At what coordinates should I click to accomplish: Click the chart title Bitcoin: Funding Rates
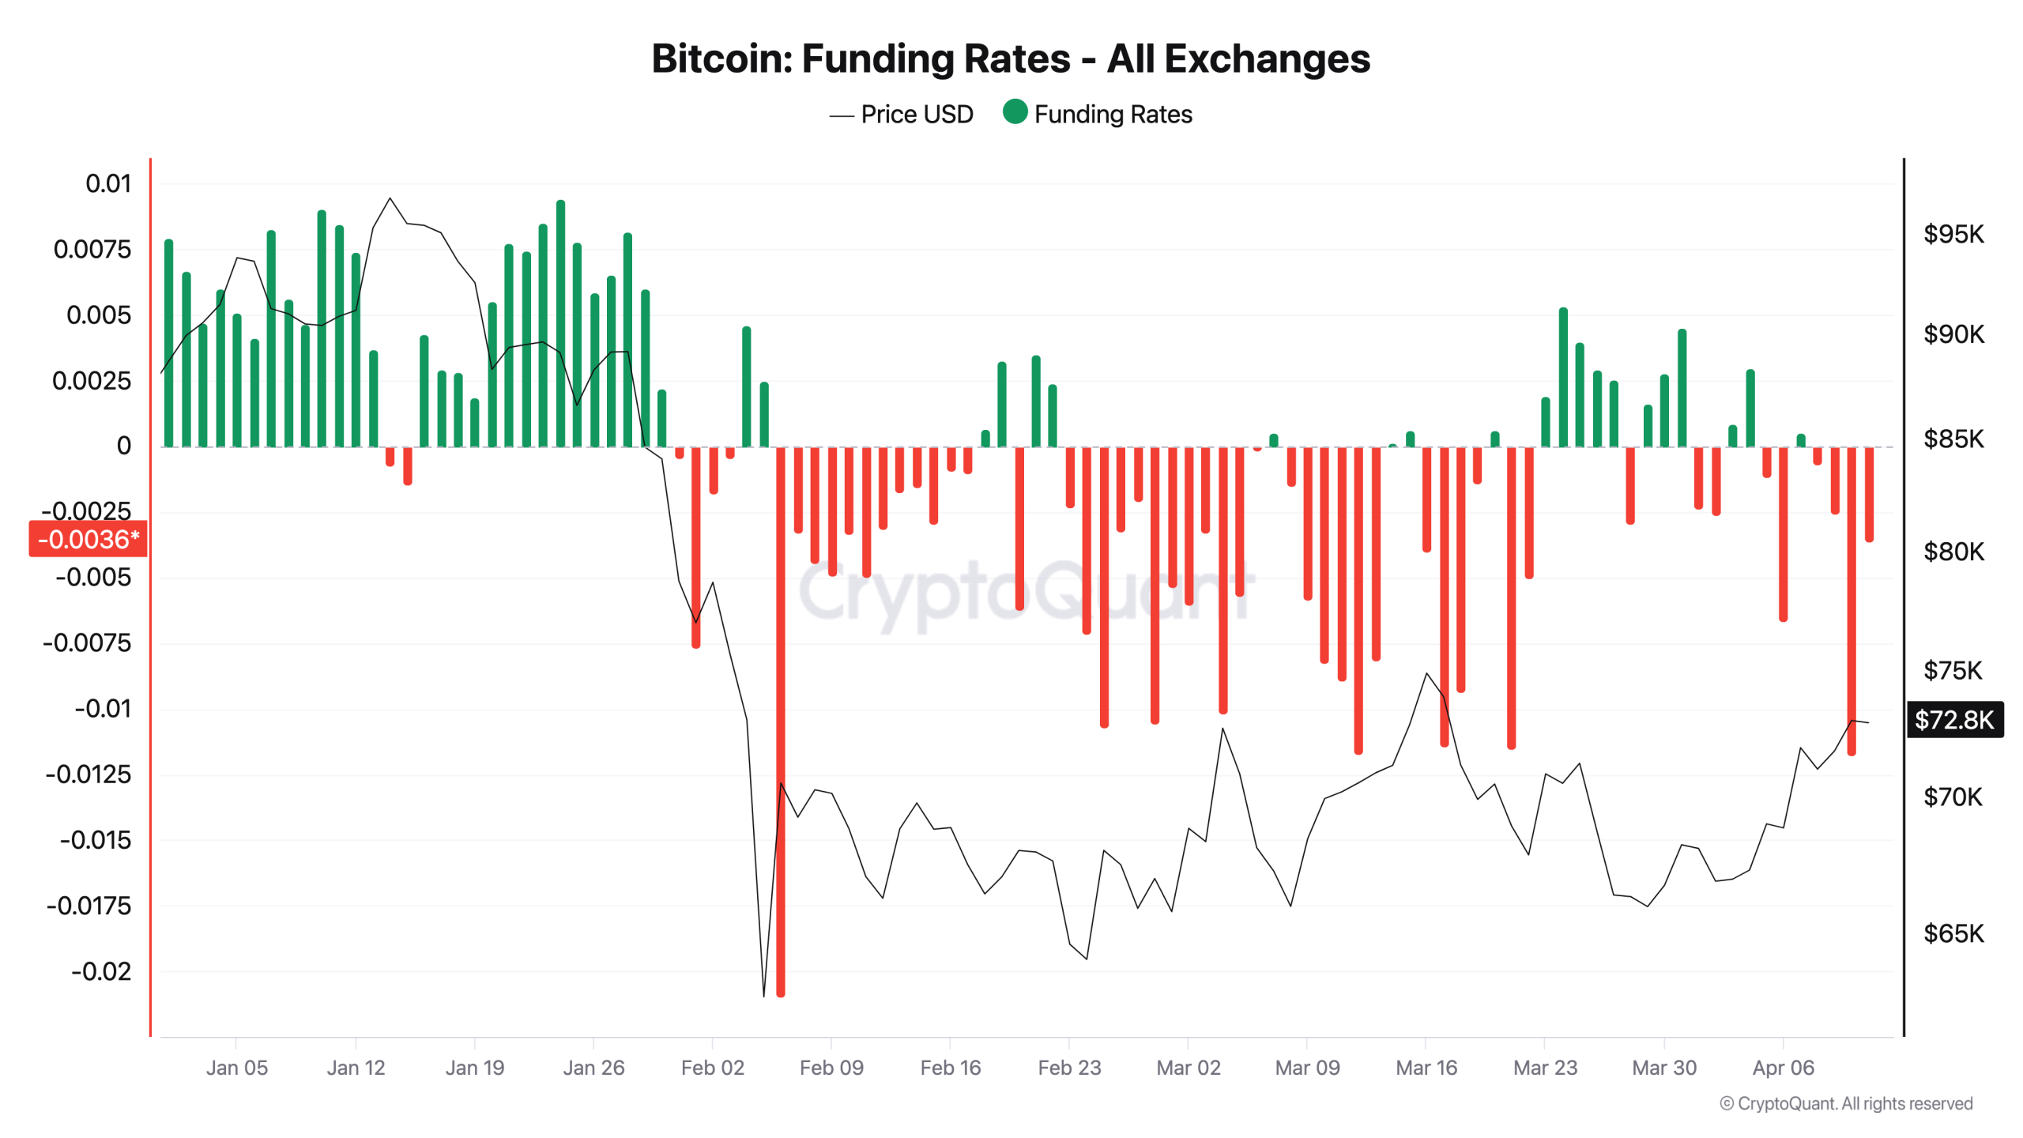point(1010,58)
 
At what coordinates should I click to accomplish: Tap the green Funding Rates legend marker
point(1015,112)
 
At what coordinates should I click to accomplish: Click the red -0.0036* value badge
point(88,539)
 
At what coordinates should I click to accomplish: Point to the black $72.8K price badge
point(1953,719)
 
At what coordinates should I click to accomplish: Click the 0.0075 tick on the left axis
point(92,250)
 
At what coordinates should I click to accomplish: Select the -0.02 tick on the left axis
point(101,971)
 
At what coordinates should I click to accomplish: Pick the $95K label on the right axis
point(1953,234)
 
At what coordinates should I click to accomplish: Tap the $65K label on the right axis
point(1953,933)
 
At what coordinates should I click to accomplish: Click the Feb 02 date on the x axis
point(712,1068)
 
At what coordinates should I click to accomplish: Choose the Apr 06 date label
point(1783,1068)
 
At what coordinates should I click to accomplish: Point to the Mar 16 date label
point(1426,1068)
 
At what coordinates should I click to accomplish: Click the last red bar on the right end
point(1869,494)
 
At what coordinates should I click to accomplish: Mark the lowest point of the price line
point(763,995)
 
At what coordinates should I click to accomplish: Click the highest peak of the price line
point(390,198)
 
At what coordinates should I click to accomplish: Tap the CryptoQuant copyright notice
point(1845,1103)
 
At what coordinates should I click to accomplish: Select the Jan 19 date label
point(474,1068)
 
